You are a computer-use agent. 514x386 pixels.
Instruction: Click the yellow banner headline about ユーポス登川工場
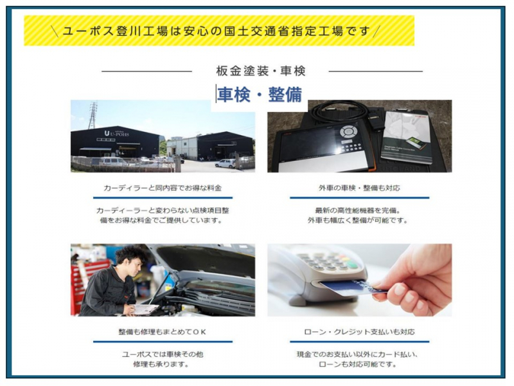tap(218, 30)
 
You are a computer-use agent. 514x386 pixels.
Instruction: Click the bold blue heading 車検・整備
tap(260, 95)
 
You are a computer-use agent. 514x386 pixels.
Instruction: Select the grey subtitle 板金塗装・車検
tap(260, 71)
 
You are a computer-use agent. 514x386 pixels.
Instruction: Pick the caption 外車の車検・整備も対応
tap(359, 188)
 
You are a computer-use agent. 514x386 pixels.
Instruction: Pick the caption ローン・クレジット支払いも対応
tap(359, 333)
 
